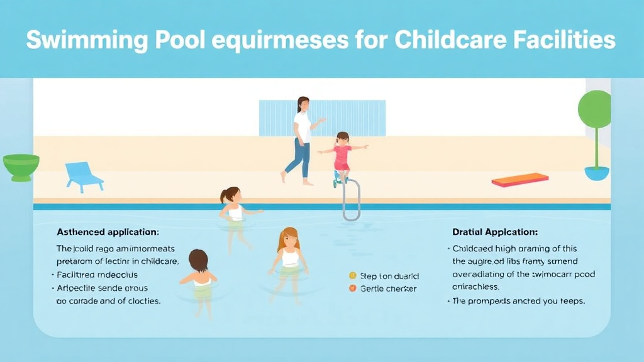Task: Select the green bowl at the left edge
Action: pyautogui.click(x=21, y=166)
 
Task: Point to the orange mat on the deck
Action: pyautogui.click(x=520, y=180)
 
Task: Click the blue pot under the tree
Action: pyautogui.click(x=597, y=173)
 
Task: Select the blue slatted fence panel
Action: pyautogui.click(x=322, y=118)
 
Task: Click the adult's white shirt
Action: pyautogui.click(x=303, y=125)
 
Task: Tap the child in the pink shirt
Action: pyautogui.click(x=342, y=155)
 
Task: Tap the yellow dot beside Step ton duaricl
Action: pyautogui.click(x=352, y=276)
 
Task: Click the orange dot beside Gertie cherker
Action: pyautogui.click(x=352, y=288)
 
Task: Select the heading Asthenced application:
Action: pyautogui.click(x=108, y=231)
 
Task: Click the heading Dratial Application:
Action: pyautogui.click(x=495, y=231)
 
